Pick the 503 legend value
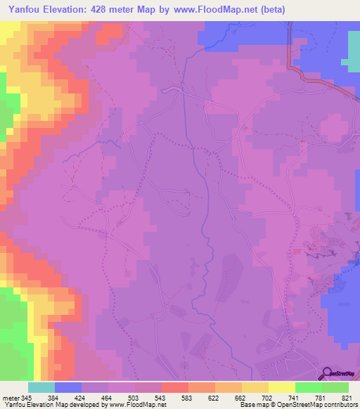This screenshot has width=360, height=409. coord(148,397)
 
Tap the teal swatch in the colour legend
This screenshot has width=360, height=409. coord(41,387)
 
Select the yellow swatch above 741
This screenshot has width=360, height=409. coord(281,387)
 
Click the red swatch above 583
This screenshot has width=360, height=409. coord(174,387)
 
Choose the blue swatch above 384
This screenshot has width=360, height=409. coord(67,387)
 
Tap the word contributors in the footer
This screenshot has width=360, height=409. coord(340,405)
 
